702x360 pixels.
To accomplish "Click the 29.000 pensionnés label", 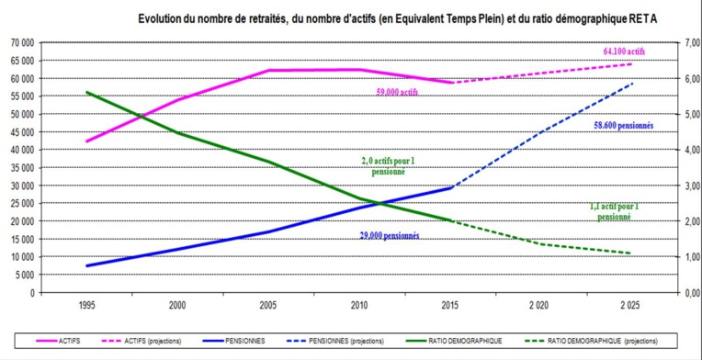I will tap(389, 235).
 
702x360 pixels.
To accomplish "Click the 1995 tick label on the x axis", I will tap(87, 303).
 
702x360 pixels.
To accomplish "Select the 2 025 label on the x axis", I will tap(629, 303).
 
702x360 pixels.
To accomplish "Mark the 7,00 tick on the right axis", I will tap(688, 42).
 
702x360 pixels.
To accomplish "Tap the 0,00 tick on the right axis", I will tap(688, 292).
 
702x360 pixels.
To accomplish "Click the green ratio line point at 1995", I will tap(87, 92).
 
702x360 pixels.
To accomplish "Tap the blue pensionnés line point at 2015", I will tap(449, 188).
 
